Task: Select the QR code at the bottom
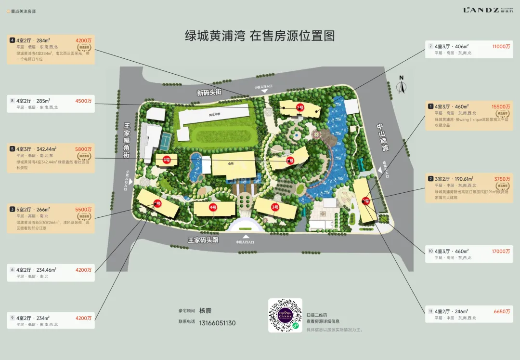[x=285, y=315]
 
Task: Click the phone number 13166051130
[x=218, y=323]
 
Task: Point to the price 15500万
[x=501, y=107]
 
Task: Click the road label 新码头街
[x=209, y=92]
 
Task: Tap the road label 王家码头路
[x=203, y=240]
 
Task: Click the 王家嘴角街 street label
[x=128, y=140]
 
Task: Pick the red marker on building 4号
[x=213, y=207]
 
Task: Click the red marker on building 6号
[x=167, y=160]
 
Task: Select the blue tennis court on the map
[x=166, y=140]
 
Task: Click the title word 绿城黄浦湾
[x=215, y=36]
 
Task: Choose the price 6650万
[x=502, y=311]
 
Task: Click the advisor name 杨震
[x=206, y=311]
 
